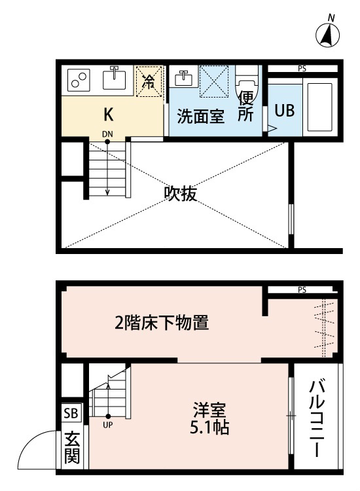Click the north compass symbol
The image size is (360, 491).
(327, 33)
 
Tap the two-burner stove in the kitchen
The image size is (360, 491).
(79, 80)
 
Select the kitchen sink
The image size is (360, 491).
(115, 78)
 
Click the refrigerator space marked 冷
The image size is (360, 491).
(149, 81)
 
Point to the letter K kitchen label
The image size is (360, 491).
(108, 115)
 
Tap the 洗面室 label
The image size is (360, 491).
(201, 116)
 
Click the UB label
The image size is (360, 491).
(285, 110)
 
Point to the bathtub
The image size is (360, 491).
(319, 107)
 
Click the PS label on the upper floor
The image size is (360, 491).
(302, 69)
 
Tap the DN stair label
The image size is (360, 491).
(107, 134)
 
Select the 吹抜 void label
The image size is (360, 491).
(181, 194)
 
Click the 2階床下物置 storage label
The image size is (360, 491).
(162, 323)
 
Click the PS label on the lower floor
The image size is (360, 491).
(302, 290)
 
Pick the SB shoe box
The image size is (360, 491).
(71, 413)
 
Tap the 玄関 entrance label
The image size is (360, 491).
(72, 448)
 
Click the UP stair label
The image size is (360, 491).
(108, 426)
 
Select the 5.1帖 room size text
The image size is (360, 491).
(209, 427)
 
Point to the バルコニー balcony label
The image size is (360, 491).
(317, 419)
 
